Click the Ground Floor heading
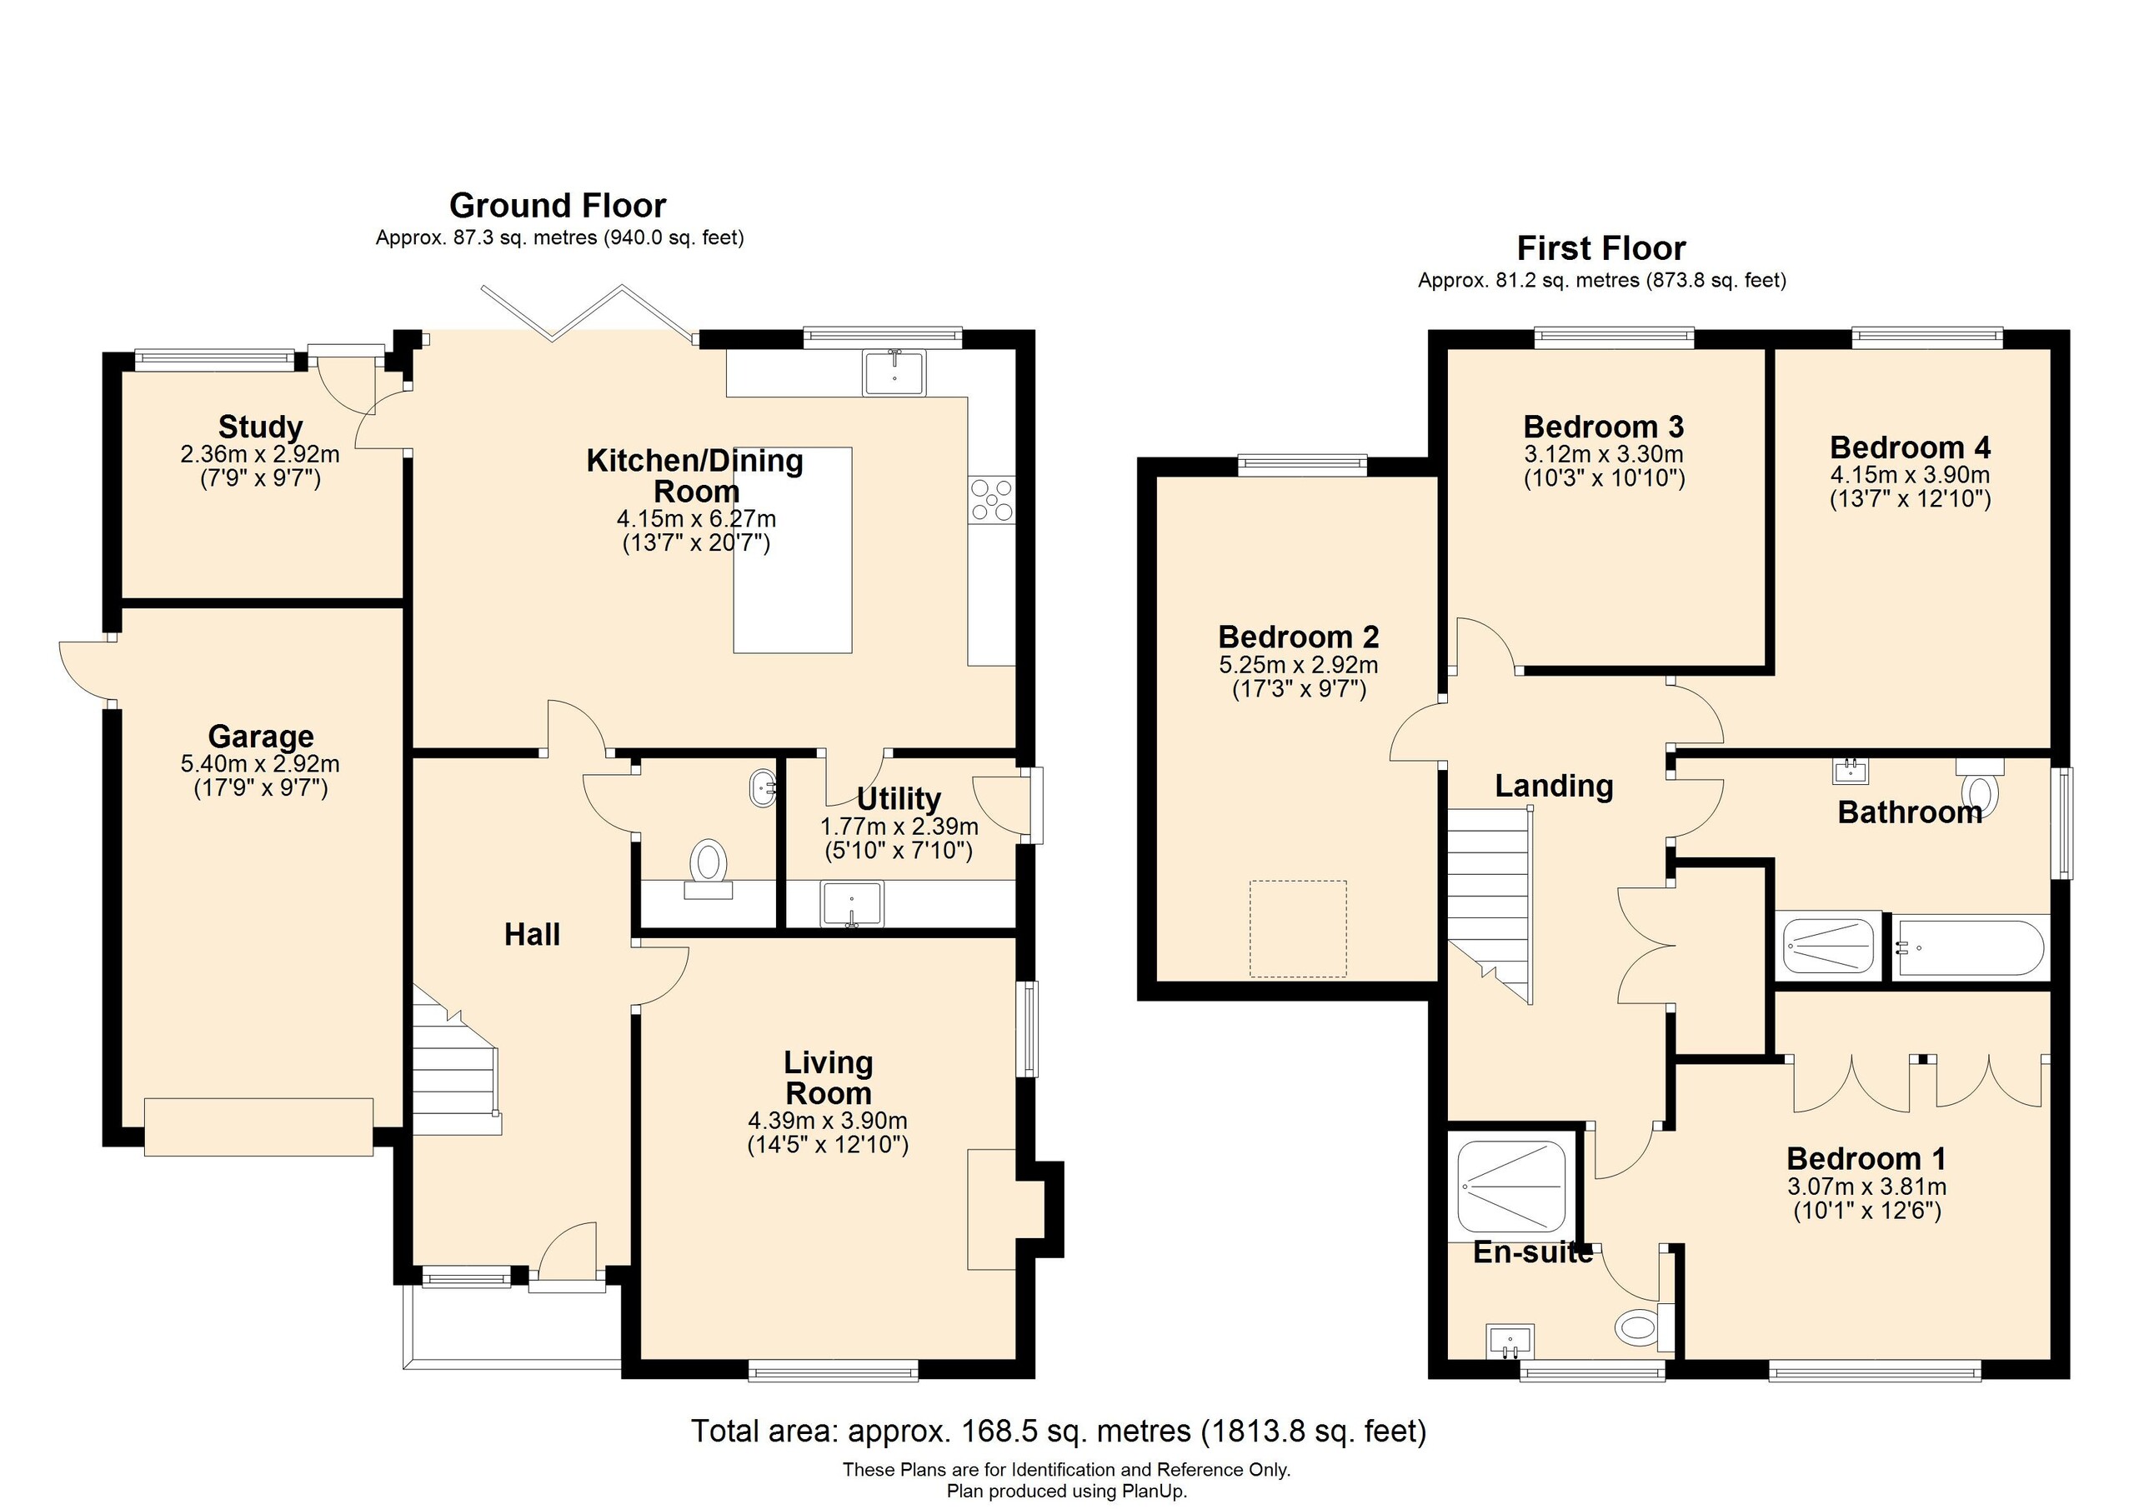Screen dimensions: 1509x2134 click(x=558, y=205)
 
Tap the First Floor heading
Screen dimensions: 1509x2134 click(x=1600, y=248)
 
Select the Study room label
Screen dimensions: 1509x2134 click(x=260, y=427)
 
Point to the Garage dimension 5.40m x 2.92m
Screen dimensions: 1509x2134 click(x=260, y=764)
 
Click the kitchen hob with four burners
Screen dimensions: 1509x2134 click(x=991, y=499)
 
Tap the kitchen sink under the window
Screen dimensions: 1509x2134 click(x=894, y=372)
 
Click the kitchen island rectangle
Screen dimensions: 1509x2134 click(x=793, y=595)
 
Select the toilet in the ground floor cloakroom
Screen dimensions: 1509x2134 click(x=709, y=862)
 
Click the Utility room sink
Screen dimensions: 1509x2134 click(x=851, y=903)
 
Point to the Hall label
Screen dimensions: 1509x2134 click(x=532, y=934)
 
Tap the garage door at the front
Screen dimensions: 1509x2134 click(x=259, y=1127)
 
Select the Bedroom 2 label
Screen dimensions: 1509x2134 click(x=1299, y=637)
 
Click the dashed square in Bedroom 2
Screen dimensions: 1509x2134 click(x=1298, y=928)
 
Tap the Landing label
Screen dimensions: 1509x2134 click(x=1553, y=785)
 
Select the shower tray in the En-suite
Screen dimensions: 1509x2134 click(x=1511, y=1187)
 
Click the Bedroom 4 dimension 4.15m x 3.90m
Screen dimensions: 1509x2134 click(x=1910, y=474)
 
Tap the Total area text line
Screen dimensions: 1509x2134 click(x=1058, y=1430)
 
